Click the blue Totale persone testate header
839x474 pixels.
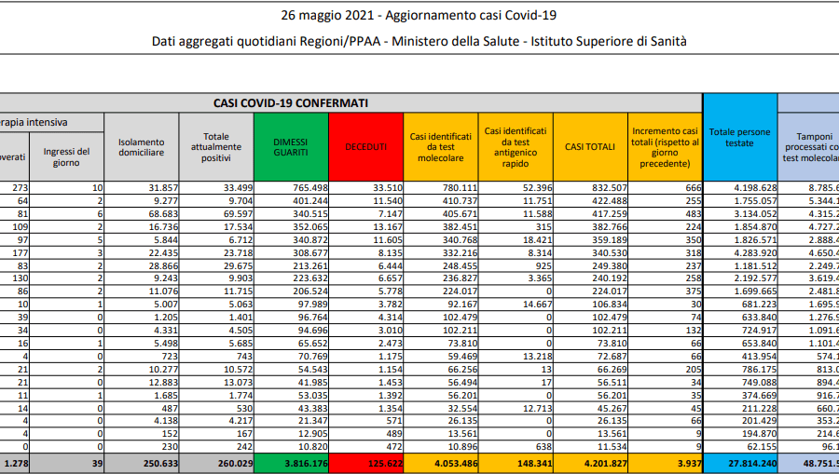[x=739, y=137]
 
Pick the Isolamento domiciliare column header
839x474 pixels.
[x=141, y=147]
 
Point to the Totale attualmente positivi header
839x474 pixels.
[x=215, y=147]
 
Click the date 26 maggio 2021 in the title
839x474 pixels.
[x=330, y=16]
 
